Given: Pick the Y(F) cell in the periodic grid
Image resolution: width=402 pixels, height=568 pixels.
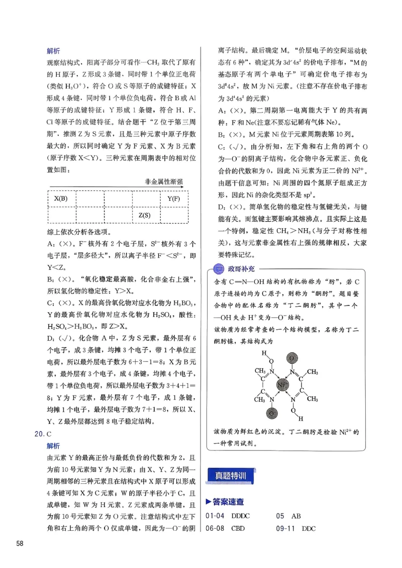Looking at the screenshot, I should point(173,198).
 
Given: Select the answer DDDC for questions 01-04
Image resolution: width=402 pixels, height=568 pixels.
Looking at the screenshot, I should point(241,516).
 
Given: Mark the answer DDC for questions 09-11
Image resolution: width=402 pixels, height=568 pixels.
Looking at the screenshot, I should point(309,528).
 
